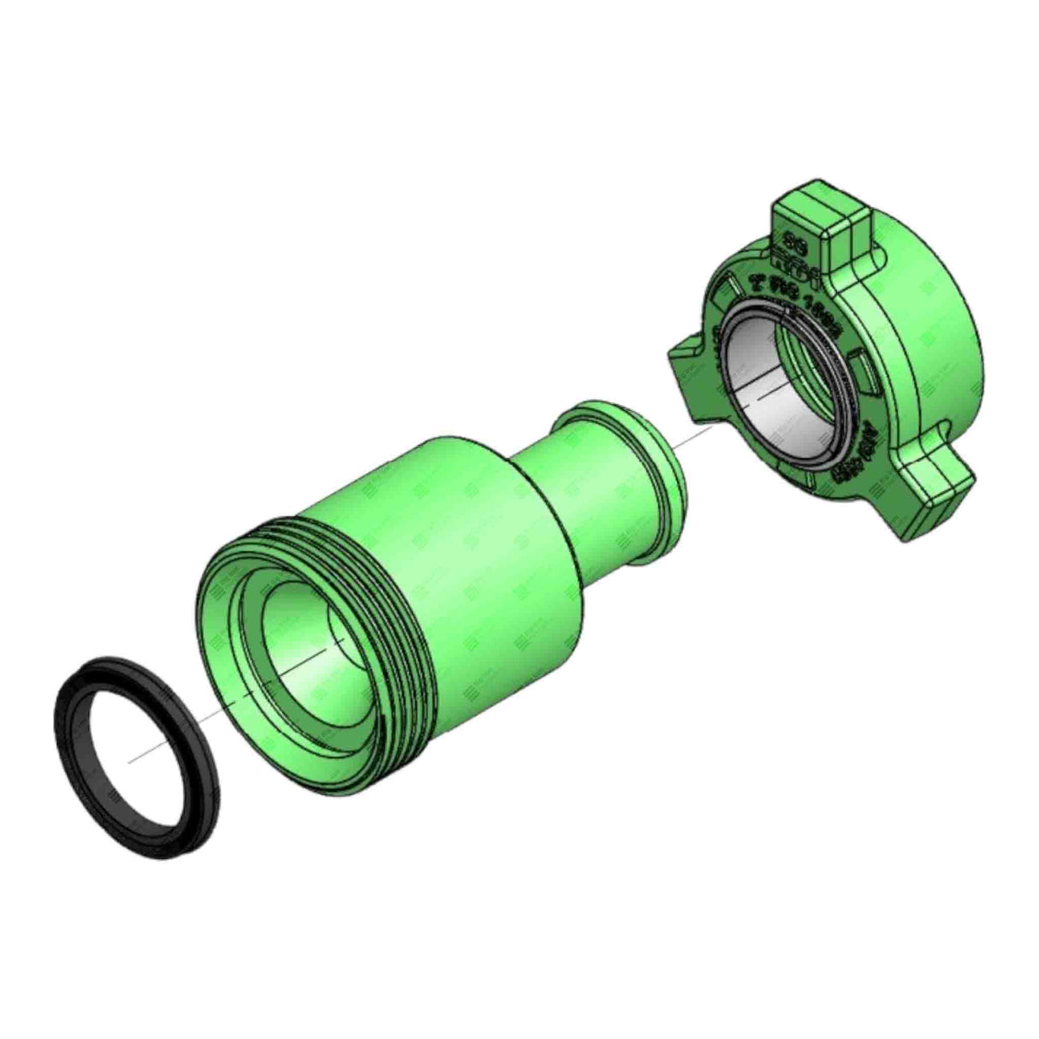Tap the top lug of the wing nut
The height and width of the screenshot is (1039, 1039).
pyautogui.click(x=822, y=224)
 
